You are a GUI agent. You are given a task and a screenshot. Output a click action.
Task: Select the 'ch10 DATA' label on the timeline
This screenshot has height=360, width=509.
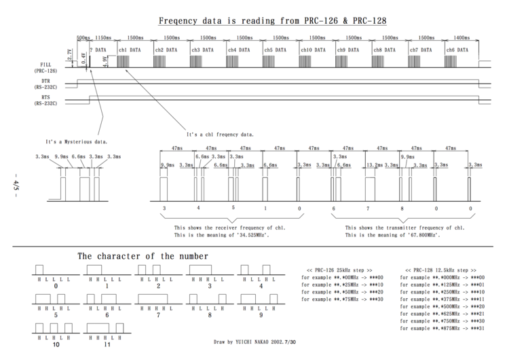(314, 50)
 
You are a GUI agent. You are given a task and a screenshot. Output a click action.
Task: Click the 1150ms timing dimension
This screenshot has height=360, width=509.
(103, 38)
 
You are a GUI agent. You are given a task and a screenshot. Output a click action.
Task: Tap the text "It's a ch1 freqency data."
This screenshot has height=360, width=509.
(220, 133)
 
